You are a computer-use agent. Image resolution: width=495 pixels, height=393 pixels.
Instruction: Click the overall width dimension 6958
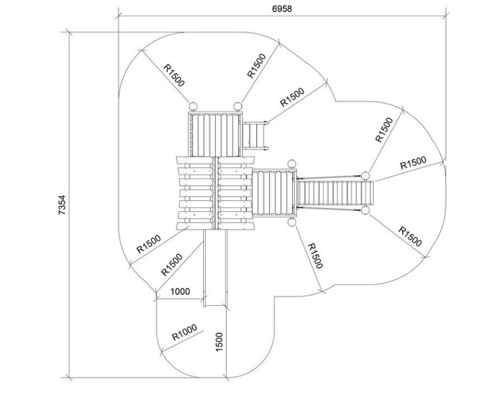pyautogui.click(x=282, y=9)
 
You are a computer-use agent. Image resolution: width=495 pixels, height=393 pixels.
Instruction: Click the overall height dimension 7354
pyautogui.click(x=62, y=205)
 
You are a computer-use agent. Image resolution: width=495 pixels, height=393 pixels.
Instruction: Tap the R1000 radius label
pyautogui.click(x=184, y=332)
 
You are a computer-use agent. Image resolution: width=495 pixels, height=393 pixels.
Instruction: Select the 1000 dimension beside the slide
pyautogui.click(x=180, y=292)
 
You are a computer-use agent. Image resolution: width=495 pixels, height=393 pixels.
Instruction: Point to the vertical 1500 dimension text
pyautogui.click(x=219, y=342)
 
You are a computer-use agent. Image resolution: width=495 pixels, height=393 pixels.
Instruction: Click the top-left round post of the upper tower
pyautogui.click(x=192, y=106)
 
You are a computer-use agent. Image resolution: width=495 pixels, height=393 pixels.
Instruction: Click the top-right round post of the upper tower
pyautogui.click(x=238, y=106)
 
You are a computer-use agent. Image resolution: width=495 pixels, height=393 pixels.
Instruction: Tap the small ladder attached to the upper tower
pyautogui.click(x=255, y=136)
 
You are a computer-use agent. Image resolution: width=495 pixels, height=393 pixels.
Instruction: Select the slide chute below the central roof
pyautogui.click(x=216, y=268)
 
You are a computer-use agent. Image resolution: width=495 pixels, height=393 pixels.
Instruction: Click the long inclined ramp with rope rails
pyautogui.click(x=335, y=193)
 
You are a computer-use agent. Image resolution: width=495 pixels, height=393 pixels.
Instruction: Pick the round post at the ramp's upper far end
pyautogui.click(x=365, y=176)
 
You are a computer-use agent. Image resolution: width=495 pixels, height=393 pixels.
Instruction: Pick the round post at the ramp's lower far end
pyautogui.click(x=365, y=210)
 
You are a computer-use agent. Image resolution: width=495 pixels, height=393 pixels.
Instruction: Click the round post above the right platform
pyautogui.click(x=292, y=164)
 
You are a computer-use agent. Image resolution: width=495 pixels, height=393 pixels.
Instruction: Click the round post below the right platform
pyautogui.click(x=292, y=222)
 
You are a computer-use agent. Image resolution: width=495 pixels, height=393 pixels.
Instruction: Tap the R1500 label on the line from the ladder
pyautogui.click(x=292, y=97)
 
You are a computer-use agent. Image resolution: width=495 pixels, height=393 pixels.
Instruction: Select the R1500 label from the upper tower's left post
pyautogui.click(x=174, y=76)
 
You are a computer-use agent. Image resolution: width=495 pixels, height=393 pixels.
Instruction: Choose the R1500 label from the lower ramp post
pyautogui.click(x=410, y=236)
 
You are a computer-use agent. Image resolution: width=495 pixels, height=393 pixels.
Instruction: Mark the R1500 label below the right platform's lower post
pyautogui.click(x=315, y=256)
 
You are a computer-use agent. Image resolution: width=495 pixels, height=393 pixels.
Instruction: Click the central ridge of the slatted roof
pyautogui.click(x=216, y=193)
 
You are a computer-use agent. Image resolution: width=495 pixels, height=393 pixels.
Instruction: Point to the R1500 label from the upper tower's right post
pyautogui.click(x=257, y=66)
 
